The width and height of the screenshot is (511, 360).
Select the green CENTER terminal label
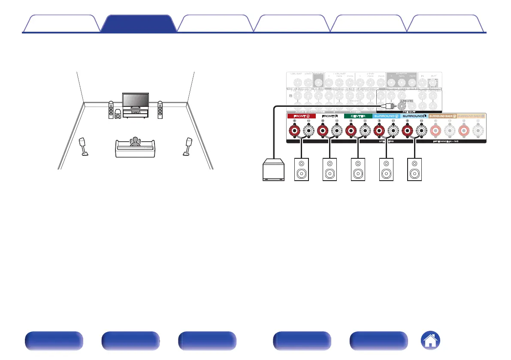357,116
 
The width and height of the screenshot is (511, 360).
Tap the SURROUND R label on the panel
386,116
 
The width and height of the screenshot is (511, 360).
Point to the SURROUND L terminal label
414,116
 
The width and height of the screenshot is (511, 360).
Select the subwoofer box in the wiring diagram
272,170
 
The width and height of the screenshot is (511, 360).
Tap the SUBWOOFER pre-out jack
403,104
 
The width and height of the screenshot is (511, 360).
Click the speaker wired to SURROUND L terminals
414,169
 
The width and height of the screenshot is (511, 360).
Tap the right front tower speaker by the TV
160,109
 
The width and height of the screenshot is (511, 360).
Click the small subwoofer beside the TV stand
118,115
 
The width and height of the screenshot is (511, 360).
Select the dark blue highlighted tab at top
138,24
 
